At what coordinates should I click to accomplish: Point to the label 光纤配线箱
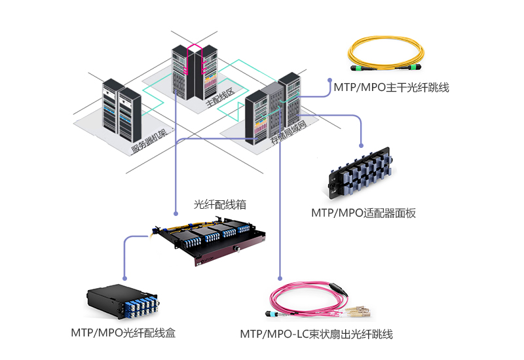click(219, 204)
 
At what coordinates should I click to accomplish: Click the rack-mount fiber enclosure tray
click(210, 240)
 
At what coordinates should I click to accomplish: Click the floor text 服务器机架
click(150, 139)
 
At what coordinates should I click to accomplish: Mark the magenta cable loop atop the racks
click(195, 48)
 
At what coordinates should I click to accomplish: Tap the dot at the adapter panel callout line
click(361, 145)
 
